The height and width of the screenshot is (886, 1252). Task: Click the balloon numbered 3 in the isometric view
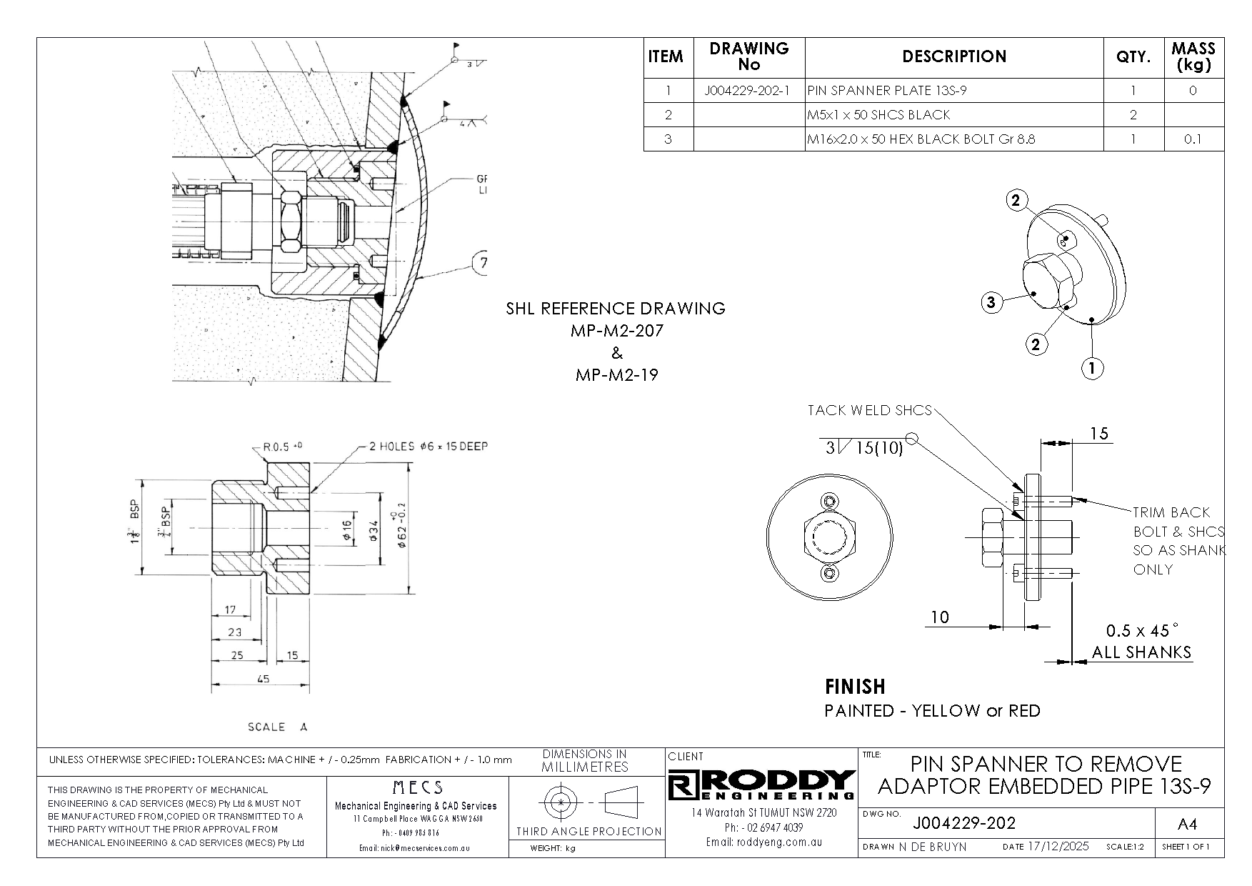click(x=991, y=303)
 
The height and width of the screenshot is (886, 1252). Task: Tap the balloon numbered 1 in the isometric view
click(x=1092, y=369)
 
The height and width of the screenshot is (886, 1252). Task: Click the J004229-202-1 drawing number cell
click(x=748, y=91)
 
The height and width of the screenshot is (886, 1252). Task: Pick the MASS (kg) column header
click(x=1193, y=56)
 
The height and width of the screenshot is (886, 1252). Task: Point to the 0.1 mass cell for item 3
click(x=1193, y=139)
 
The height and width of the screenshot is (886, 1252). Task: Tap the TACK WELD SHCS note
click(x=869, y=410)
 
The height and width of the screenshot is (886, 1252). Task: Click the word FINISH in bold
click(x=855, y=687)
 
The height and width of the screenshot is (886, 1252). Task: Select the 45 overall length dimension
click(x=263, y=679)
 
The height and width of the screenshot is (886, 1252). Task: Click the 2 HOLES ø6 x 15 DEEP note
click(x=428, y=447)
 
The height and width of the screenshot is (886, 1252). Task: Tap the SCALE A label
click(x=277, y=727)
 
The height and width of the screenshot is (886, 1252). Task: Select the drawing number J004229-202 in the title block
click(x=963, y=823)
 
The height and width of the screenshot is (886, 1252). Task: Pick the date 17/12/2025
click(x=1056, y=847)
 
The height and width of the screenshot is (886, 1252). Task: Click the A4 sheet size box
click(x=1186, y=825)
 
